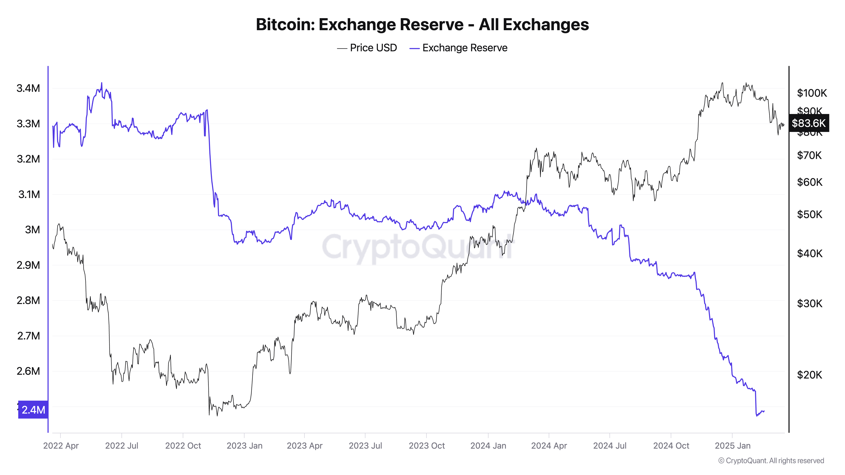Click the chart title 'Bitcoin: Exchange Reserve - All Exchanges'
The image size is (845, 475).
[422, 24]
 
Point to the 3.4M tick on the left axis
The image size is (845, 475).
[28, 88]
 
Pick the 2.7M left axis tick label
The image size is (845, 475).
[28, 336]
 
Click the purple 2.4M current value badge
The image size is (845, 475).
[33, 410]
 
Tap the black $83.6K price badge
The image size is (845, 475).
[809, 123]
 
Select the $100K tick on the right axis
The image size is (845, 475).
[812, 93]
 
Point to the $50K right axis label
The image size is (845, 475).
[810, 214]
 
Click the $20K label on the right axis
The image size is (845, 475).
[810, 375]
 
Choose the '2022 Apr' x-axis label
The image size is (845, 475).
[61, 446]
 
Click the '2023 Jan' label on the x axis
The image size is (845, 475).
[244, 446]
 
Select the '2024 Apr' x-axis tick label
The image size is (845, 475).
[549, 446]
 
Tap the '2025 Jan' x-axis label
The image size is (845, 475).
[732, 446]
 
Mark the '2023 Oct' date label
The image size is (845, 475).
[427, 446]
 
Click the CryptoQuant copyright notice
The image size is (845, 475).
[771, 461]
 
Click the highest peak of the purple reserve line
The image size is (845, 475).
[101, 83]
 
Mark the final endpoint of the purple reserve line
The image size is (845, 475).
[764, 411]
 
